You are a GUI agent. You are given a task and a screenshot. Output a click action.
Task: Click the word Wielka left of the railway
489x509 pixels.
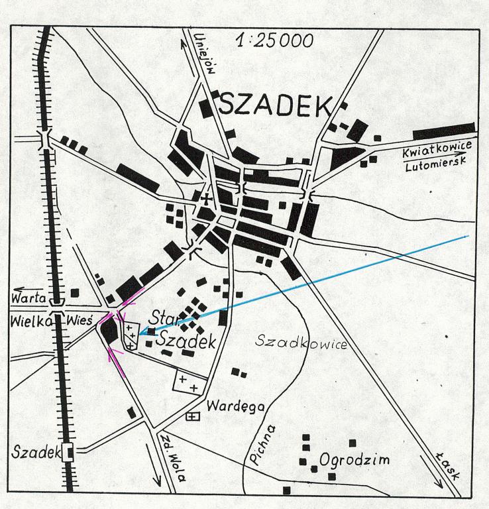tap(28, 321)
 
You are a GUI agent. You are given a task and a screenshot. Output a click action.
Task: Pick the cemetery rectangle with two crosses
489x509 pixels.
tap(188, 383)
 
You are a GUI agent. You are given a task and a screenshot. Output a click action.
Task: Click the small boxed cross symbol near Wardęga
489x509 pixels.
tap(193, 416)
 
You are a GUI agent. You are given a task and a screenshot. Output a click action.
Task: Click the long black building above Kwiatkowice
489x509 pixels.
tap(443, 131)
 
